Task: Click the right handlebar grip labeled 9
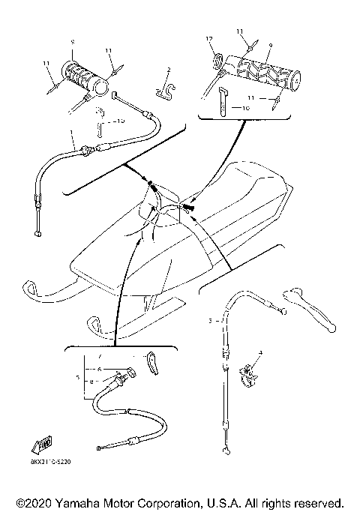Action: [266, 70]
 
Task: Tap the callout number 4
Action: [260, 352]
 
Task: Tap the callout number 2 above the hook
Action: [169, 70]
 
